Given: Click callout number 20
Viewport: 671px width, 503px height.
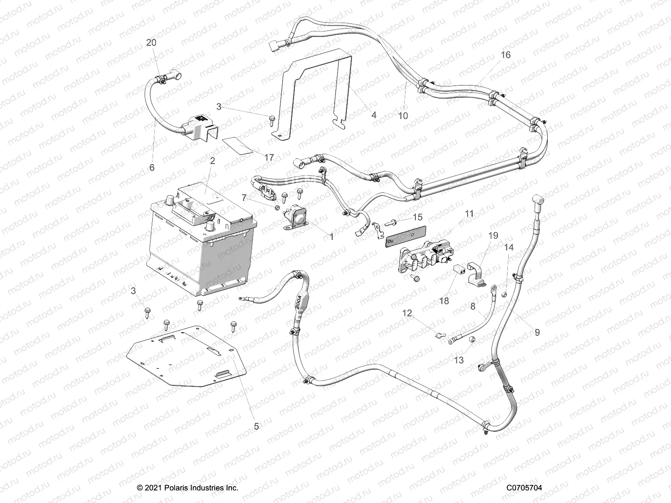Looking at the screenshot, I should tap(151, 43).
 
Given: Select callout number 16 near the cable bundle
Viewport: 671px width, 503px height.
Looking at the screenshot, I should tap(506, 55).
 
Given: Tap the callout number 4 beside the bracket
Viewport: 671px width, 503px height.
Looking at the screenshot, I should tap(374, 114).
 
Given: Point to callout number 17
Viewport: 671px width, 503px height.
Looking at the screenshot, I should tap(269, 157).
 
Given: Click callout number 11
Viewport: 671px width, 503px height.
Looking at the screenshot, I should tap(469, 213).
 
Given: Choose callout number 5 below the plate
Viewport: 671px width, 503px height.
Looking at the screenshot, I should tap(256, 426).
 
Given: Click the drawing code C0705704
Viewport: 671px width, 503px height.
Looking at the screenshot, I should tap(524, 488).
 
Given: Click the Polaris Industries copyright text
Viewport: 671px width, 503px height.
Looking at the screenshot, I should tap(187, 488).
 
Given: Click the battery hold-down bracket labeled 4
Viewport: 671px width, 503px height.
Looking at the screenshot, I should tap(319, 92).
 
